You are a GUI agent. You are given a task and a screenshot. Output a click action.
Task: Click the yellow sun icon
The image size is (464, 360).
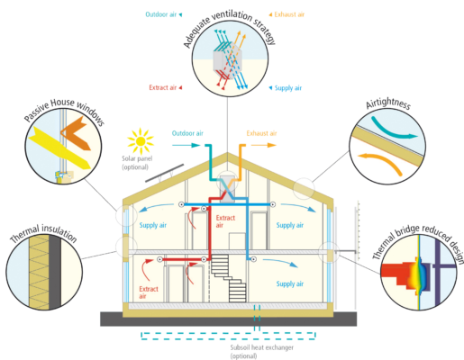pyautogui.click(x=141, y=141)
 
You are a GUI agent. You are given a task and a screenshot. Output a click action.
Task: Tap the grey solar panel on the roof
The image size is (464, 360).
pyautogui.click(x=164, y=173)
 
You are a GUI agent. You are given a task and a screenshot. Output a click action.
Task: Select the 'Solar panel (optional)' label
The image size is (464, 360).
pyautogui.click(x=137, y=163)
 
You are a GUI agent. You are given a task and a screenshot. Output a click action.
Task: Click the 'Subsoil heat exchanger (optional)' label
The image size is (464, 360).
pyautogui.click(x=261, y=352)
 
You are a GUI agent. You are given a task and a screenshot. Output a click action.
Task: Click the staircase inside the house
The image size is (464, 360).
pyautogui.click(x=229, y=278)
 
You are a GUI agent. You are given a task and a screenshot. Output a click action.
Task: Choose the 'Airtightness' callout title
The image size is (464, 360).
pyautogui.click(x=388, y=103)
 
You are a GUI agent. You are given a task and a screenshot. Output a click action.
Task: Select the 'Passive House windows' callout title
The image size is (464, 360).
pyautogui.click(x=65, y=111)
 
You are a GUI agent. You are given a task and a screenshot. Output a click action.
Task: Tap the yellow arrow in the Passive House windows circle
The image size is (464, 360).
pyautogui.click(x=59, y=147)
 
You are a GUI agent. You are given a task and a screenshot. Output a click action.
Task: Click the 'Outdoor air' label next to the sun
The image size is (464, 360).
pyautogui.click(x=187, y=133)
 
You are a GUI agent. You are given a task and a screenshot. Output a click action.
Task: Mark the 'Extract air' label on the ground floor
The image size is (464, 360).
pyautogui.click(x=149, y=292)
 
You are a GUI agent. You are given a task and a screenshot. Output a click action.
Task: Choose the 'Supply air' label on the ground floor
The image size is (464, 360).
pyautogui.click(x=290, y=283)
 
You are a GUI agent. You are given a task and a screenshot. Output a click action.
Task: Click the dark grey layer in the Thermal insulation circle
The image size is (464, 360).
pyautogui.click(x=55, y=273)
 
